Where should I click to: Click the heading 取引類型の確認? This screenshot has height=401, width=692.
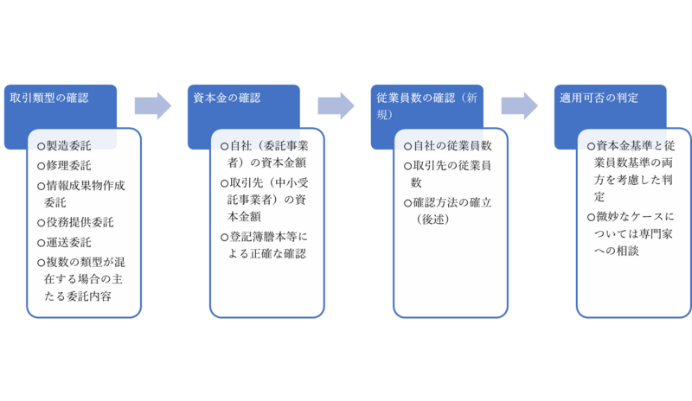pos(49,98)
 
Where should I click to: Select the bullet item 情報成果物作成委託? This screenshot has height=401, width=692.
pos(85,193)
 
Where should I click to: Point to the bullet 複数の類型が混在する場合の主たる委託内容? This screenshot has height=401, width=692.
pos(85,279)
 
